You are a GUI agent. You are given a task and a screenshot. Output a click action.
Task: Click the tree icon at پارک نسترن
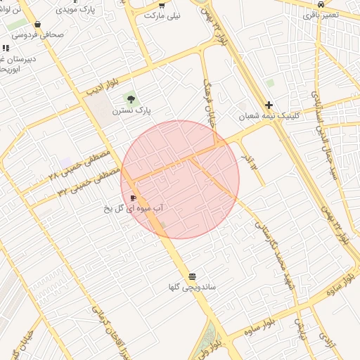(130, 98)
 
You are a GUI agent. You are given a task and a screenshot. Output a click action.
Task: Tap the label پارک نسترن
(132, 110)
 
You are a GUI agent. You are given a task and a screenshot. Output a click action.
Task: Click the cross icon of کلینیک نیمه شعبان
(269, 104)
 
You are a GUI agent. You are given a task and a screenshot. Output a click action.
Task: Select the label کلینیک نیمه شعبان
(269, 116)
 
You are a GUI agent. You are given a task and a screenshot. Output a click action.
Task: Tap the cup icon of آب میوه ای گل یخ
(134, 198)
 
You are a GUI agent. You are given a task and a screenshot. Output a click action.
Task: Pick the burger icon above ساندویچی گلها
(192, 276)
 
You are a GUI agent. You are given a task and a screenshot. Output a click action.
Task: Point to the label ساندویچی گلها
(192, 287)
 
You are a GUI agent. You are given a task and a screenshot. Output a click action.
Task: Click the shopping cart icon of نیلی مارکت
(162, 4)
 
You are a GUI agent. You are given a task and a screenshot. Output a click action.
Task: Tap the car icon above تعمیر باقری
(321, 4)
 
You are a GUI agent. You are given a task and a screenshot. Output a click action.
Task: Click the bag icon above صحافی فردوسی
(37, 23)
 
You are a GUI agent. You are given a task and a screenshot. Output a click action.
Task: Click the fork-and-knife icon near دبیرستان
(6, 48)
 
